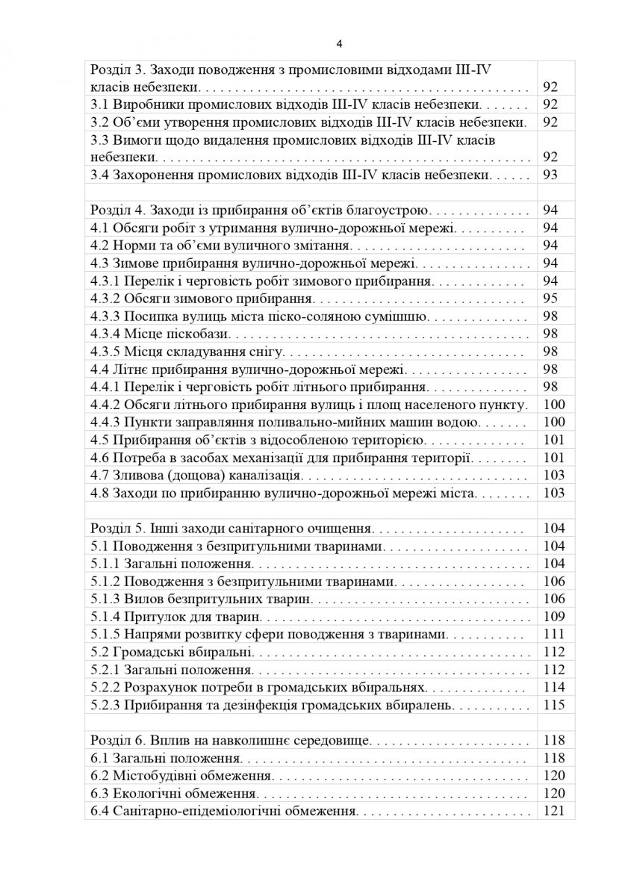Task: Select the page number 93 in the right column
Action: click(551, 175)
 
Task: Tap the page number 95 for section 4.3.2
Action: click(551, 299)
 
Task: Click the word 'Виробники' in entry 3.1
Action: click(146, 105)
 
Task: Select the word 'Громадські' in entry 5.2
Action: click(149, 652)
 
